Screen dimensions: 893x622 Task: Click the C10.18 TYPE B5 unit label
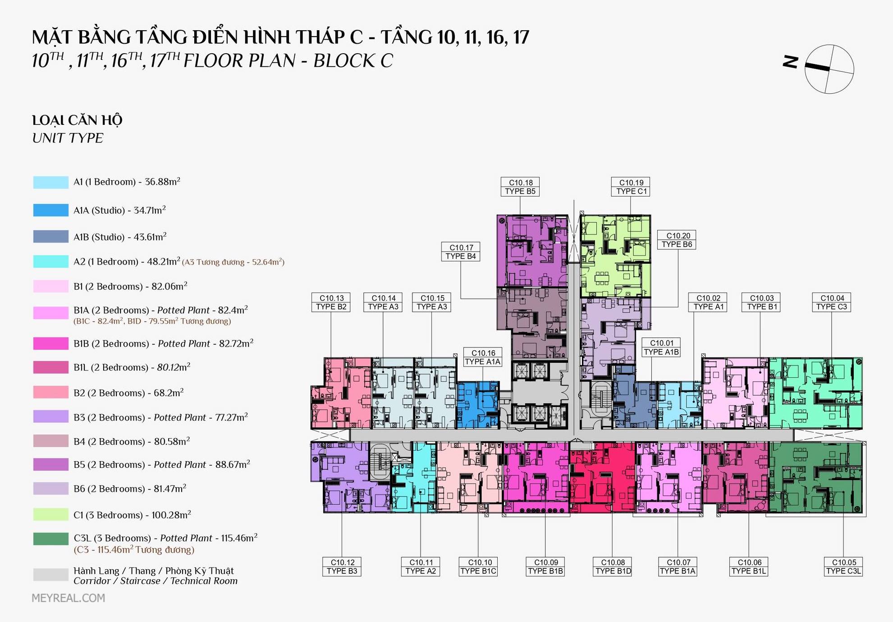pyautogui.click(x=520, y=187)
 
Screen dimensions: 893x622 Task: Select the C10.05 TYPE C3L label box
pyautogui.click(x=843, y=567)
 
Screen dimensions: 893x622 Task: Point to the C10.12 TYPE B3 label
pyautogui.click(x=342, y=567)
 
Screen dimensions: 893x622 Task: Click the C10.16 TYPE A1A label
pyautogui.click(x=483, y=357)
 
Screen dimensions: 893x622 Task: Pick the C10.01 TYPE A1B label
pyautogui.click(x=661, y=348)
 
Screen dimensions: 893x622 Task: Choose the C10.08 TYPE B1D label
pyautogui.click(x=613, y=567)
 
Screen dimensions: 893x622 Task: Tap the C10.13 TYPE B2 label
pyautogui.click(x=331, y=302)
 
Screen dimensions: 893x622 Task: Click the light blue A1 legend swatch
pyautogui.click(x=51, y=182)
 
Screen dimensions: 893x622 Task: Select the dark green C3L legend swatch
pyautogui.click(x=51, y=539)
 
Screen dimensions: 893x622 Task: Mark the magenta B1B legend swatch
pyautogui.click(x=51, y=343)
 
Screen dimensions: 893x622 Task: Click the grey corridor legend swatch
pyautogui.click(x=51, y=575)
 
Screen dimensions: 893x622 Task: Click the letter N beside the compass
pyautogui.click(x=791, y=62)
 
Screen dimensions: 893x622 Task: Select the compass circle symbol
pyautogui.click(x=829, y=69)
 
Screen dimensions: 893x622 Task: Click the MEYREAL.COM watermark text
pyautogui.click(x=68, y=598)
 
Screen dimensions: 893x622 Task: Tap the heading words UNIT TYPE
pyautogui.click(x=68, y=138)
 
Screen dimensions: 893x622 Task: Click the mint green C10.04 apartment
pyautogui.click(x=815, y=393)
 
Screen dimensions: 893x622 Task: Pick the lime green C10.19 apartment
pyautogui.click(x=615, y=256)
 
